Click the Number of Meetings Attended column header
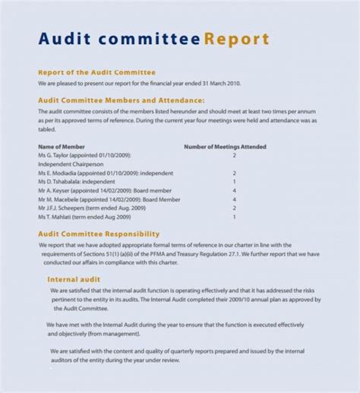[x=225, y=146]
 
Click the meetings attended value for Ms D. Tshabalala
[x=234, y=182]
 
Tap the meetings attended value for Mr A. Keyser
[x=234, y=190]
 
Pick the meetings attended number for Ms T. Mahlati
[x=234, y=217]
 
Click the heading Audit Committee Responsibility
[x=99, y=234]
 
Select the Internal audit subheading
[x=74, y=278]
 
